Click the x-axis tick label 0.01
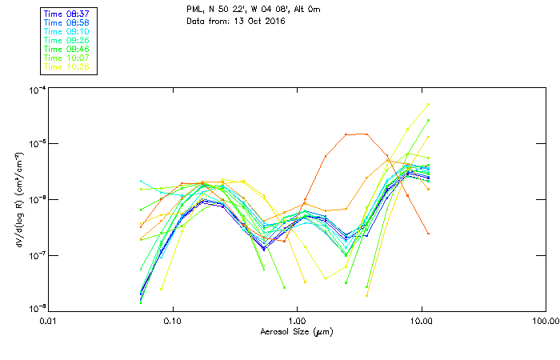coord(48,320)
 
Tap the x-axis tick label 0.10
coord(172,320)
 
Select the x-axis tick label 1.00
coord(297,320)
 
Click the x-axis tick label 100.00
coord(545,320)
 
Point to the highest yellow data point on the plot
coord(429,104)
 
